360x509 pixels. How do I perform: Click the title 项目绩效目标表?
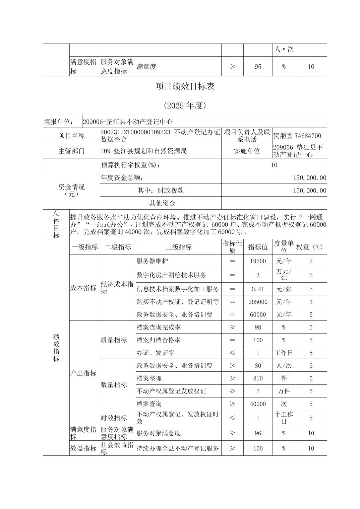[185, 86]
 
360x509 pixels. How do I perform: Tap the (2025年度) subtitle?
[185, 105]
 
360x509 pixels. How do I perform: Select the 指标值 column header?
[258, 247]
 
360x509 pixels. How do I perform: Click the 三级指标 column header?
[178, 247]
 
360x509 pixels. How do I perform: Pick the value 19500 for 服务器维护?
[258, 261]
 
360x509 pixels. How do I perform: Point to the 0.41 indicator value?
[258, 289]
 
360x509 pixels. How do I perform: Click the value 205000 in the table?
[258, 302]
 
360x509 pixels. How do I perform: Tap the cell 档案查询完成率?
[159, 327]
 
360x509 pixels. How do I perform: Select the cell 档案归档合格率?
[159, 340]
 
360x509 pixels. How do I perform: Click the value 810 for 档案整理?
[258, 378]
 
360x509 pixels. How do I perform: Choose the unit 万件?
[284, 391]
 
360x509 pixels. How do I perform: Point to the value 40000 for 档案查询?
[258, 404]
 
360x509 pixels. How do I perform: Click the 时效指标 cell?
[114, 418]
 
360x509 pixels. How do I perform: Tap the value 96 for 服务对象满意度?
[258, 433]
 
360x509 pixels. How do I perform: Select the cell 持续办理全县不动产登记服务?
[178, 448]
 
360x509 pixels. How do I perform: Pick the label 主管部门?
[71, 151]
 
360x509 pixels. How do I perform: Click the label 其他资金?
[162, 203]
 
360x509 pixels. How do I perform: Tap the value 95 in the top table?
[258, 66]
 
